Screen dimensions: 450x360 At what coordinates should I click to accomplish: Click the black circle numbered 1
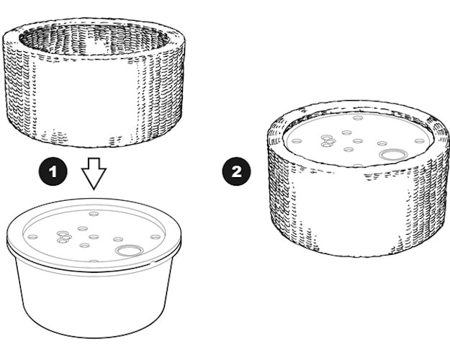[x=53, y=171]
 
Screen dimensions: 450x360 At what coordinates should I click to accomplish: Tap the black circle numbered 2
[x=236, y=171]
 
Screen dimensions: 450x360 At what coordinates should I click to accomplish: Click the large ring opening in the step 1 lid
[x=130, y=251]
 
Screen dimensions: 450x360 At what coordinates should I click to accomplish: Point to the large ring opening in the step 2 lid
[x=393, y=155]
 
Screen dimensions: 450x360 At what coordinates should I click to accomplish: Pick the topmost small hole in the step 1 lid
[x=94, y=214]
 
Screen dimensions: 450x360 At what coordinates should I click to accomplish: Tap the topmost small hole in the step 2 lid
[x=358, y=118]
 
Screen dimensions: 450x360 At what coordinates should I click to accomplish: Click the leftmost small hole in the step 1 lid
[x=32, y=237]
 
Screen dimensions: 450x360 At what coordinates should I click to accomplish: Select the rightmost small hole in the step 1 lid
[x=156, y=237]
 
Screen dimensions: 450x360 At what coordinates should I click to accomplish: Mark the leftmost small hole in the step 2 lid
[x=297, y=141]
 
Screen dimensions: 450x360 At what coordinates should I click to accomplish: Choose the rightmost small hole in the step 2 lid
[x=420, y=141]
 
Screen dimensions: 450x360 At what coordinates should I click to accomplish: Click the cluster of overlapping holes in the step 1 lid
[x=63, y=237]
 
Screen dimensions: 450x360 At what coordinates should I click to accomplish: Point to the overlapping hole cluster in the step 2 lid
[x=328, y=141]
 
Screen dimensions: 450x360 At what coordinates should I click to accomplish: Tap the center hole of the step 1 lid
[x=94, y=237]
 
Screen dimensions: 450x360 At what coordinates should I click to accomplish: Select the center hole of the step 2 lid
[x=358, y=141]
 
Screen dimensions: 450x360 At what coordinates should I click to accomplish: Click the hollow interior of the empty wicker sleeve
[x=94, y=40]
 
